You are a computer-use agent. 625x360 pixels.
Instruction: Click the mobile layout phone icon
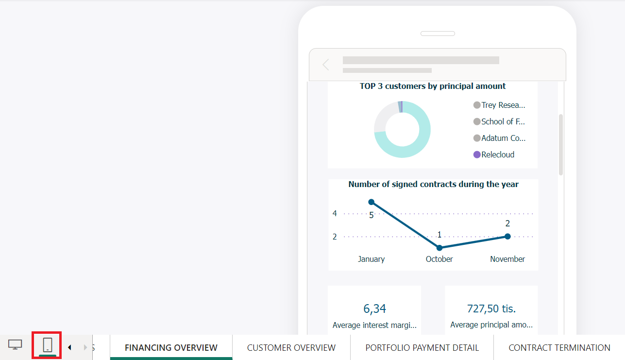tap(47, 345)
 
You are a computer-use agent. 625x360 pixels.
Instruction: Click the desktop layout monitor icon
tap(15, 345)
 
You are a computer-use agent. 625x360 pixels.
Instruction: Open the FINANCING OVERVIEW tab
tap(171, 348)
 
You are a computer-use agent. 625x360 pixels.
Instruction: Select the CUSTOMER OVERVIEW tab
tap(291, 348)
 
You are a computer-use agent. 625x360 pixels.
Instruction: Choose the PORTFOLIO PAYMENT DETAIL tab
tap(422, 348)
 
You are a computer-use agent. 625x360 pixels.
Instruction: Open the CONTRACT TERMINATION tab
tap(559, 348)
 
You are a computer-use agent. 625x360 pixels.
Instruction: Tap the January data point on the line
tap(372, 202)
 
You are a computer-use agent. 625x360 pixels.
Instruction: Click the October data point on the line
tap(439, 248)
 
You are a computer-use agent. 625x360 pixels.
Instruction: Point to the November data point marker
tap(507, 237)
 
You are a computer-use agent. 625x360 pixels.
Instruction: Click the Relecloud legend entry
tap(497, 154)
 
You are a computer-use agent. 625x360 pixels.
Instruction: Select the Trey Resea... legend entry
tap(503, 105)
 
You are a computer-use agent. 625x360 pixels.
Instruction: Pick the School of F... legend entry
tap(503, 121)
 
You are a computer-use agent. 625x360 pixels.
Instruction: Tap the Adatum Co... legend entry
tap(503, 138)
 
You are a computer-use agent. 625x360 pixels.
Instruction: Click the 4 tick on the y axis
tap(335, 213)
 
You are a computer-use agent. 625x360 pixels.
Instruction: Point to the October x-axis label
tap(439, 259)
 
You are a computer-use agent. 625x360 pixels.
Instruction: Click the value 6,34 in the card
tap(374, 309)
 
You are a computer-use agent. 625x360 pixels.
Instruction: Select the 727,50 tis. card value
tap(491, 309)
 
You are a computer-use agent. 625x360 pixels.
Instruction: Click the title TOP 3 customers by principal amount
tap(433, 86)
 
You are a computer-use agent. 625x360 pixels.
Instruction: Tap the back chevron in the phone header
tap(326, 65)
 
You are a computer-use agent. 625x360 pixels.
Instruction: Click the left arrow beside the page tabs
tap(69, 347)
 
